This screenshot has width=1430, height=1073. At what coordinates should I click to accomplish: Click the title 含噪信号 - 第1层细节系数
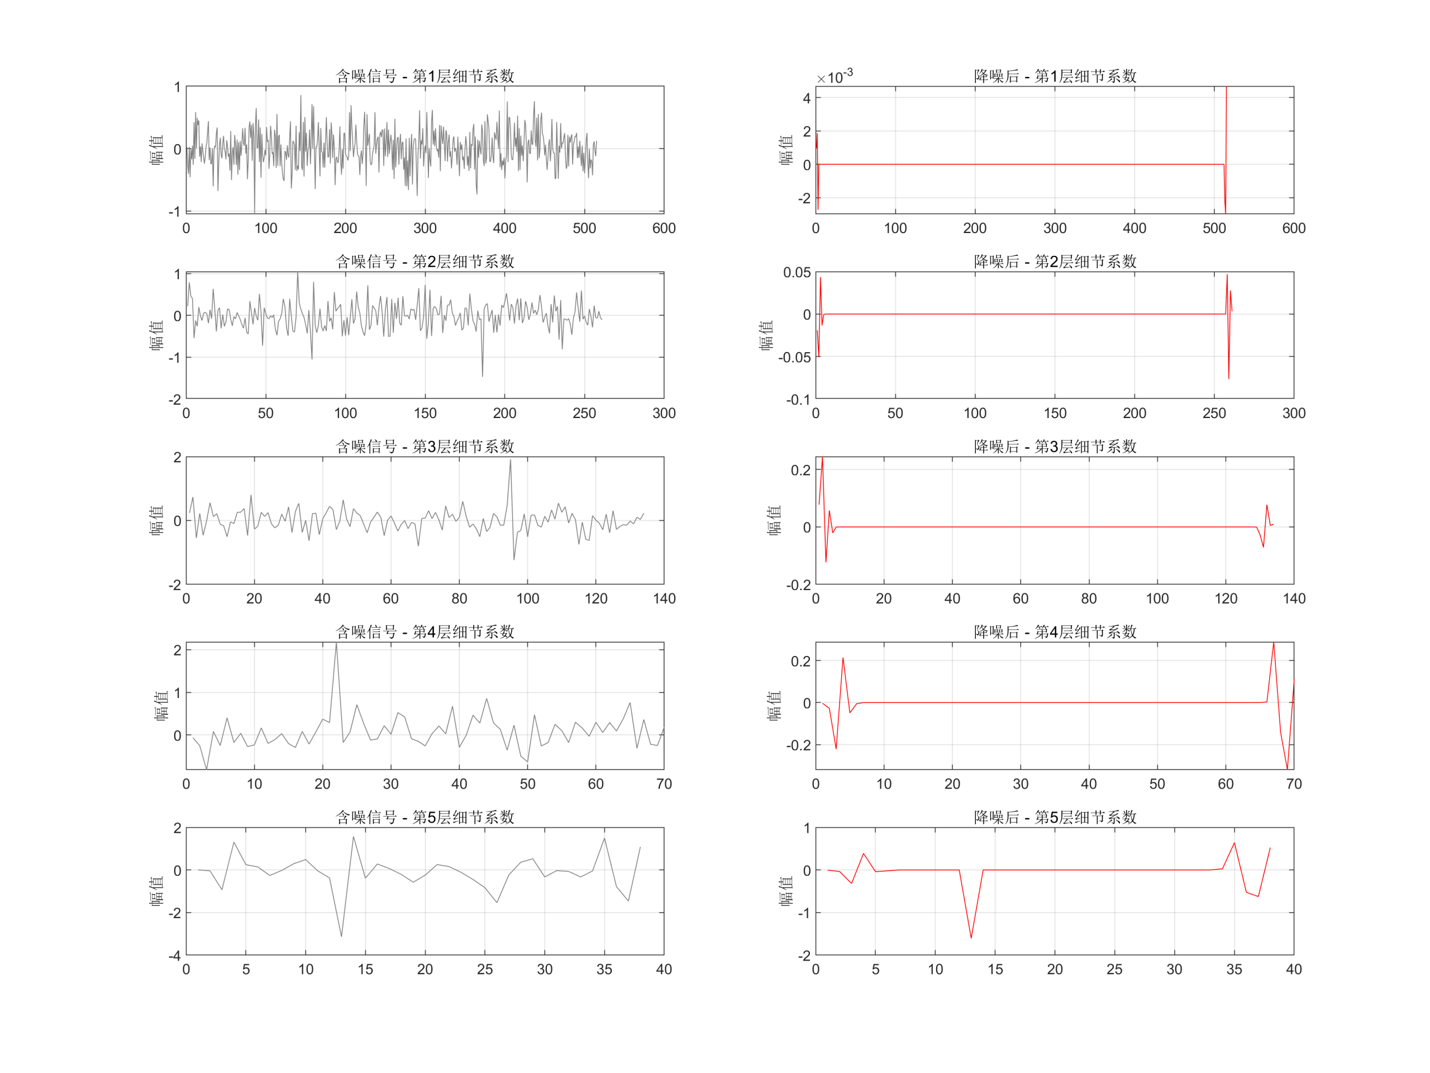(425, 77)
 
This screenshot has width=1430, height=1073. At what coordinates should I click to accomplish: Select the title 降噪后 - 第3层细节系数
(1055, 447)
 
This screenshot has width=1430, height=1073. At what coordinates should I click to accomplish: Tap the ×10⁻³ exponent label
(835, 77)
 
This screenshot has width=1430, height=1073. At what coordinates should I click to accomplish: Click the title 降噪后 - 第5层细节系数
(1055, 817)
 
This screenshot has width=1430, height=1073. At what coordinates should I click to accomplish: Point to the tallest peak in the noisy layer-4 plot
(336, 644)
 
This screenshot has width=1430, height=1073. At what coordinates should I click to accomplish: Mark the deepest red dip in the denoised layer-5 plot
(971, 938)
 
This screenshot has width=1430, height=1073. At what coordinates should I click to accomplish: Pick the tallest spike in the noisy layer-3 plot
(511, 460)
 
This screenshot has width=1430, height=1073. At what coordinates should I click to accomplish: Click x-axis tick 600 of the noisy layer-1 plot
(664, 229)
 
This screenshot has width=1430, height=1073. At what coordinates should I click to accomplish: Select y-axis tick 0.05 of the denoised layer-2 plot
(797, 272)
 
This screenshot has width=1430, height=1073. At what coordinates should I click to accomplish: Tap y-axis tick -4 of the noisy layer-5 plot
(174, 955)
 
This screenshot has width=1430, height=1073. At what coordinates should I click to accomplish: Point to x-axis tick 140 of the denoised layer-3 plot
(1294, 599)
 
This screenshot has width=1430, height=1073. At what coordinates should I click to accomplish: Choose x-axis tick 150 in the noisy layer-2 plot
(425, 414)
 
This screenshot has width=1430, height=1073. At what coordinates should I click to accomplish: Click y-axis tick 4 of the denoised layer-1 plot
(806, 98)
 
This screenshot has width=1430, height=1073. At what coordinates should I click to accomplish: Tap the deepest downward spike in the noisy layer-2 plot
(482, 376)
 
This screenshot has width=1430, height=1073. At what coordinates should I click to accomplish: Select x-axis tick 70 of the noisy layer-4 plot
(664, 784)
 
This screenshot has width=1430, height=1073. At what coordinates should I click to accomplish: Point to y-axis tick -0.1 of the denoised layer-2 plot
(798, 400)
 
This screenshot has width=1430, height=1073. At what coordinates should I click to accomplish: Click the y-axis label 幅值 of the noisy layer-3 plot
(156, 521)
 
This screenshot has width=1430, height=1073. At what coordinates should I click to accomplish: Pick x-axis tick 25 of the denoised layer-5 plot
(1114, 969)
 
